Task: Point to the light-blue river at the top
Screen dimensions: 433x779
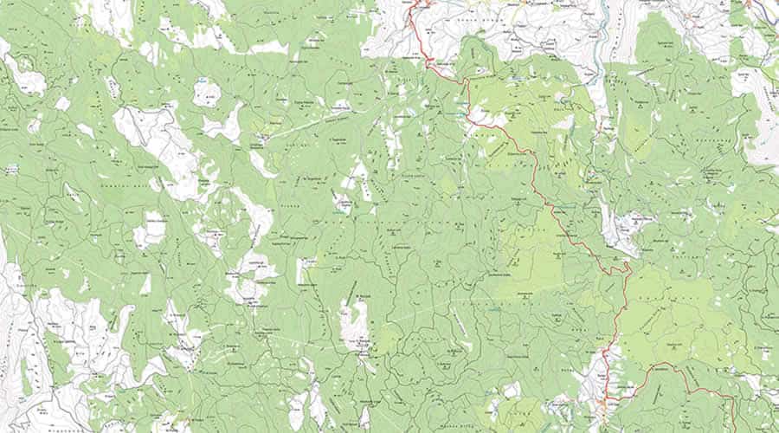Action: click(597, 35)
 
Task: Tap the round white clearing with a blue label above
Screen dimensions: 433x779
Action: click(206, 94)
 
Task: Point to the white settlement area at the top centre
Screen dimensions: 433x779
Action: click(485, 26)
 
